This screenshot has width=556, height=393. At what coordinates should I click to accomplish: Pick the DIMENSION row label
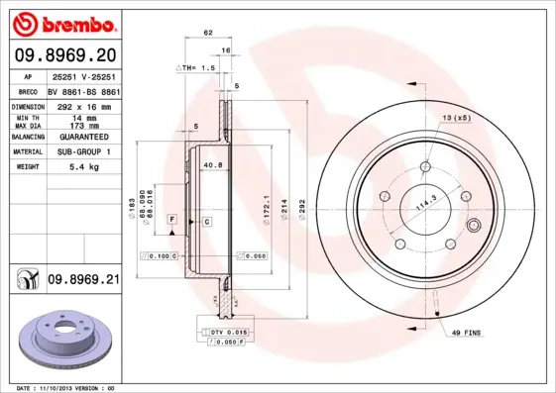(x=29, y=104)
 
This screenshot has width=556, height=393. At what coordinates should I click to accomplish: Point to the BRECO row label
(x=29, y=89)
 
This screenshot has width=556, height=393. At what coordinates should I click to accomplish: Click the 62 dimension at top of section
(x=208, y=33)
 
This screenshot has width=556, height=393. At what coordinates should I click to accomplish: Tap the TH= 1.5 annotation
(x=195, y=66)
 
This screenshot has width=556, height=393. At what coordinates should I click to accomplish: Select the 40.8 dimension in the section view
(x=211, y=165)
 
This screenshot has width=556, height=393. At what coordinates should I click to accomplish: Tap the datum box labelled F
(x=172, y=217)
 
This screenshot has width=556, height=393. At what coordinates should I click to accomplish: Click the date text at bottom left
(x=67, y=388)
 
